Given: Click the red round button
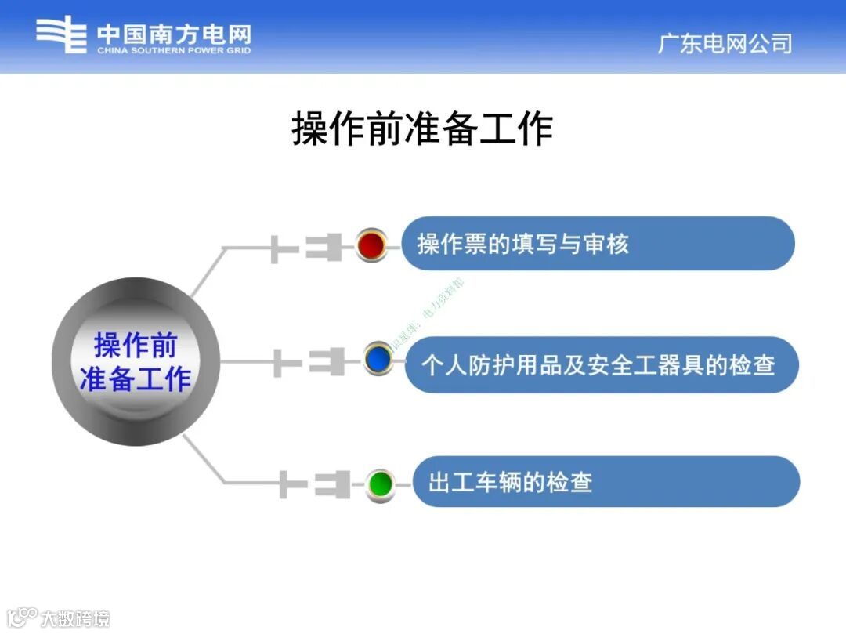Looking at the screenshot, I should (371, 245).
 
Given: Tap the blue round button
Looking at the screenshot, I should (378, 359).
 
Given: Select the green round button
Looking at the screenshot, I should (381, 483).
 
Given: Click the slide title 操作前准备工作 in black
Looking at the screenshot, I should (422, 129).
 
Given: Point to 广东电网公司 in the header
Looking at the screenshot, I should (725, 43).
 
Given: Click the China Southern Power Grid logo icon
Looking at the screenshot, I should (61, 34).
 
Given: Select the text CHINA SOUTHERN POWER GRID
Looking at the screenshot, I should (174, 51).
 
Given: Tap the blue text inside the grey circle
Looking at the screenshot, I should (135, 362).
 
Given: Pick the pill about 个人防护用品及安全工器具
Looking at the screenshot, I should (601, 365).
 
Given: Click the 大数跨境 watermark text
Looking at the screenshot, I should (75, 618).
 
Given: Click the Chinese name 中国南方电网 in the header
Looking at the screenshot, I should (174, 34).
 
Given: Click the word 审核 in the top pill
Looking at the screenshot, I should (606, 245).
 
